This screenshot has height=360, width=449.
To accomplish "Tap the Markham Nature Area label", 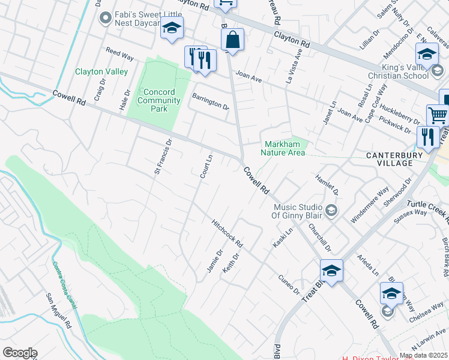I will pos(283,148).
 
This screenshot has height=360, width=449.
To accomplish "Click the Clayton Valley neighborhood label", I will pos(101,71).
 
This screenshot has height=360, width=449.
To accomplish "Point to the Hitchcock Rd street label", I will pos(227,235).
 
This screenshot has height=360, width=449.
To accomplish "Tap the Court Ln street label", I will pos(206,166).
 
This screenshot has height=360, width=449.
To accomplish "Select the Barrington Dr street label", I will pos(210,102).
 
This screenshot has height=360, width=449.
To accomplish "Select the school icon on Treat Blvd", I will pos(331,269).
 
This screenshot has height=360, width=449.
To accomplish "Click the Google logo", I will pos(20,353).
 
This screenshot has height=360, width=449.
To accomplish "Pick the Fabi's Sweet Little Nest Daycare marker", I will pos(106,18).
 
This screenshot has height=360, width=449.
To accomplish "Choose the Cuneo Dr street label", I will pos(288,285).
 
